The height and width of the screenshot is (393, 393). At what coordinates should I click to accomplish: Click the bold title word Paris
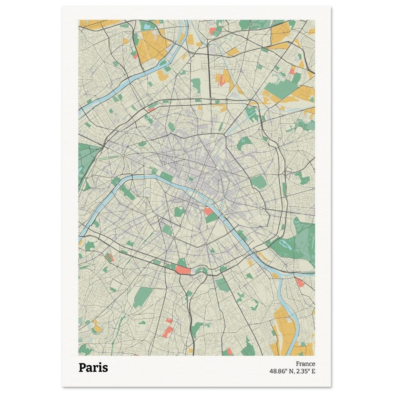93,367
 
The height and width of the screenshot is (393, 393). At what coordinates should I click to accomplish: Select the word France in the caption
305,364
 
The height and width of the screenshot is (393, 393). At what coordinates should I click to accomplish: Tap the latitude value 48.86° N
283,371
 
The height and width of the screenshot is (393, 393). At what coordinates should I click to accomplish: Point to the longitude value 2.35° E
306,371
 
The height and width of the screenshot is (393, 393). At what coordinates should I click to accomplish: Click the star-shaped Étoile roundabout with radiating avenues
123,156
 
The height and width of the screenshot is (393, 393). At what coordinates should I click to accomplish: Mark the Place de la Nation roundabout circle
261,208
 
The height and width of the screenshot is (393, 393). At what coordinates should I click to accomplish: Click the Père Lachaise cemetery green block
258,182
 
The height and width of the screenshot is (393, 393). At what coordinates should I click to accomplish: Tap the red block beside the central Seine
208,211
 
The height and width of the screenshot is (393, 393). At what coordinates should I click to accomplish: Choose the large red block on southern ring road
182,270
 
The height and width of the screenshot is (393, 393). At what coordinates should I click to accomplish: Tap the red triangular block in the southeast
300,282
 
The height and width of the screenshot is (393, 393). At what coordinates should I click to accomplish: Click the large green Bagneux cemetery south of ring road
143,297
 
